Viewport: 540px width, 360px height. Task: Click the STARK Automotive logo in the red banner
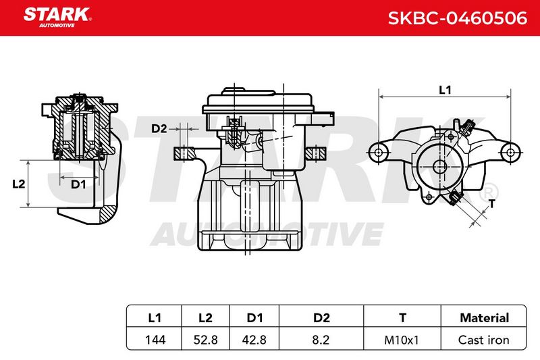tap(57, 18)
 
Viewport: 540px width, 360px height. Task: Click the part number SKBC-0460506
tap(458, 18)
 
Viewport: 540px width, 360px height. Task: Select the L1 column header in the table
tap(155, 317)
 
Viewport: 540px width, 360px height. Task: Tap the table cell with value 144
tap(155, 340)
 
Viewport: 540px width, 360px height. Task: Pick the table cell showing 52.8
tap(206, 340)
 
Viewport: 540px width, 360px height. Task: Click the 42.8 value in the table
tap(254, 340)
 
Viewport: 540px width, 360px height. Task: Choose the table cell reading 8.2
tap(321, 340)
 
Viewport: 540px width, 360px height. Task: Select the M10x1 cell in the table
tap(402, 340)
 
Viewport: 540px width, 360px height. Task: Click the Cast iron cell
tap(483, 340)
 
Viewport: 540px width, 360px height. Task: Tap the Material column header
tap(484, 317)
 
